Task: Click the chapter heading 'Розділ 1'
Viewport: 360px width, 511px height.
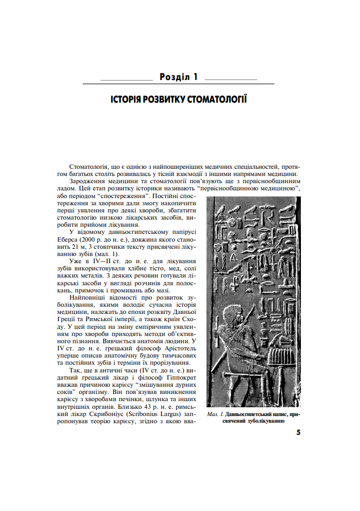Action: click(x=178, y=77)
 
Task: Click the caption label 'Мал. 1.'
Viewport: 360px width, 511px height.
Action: click(x=213, y=413)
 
